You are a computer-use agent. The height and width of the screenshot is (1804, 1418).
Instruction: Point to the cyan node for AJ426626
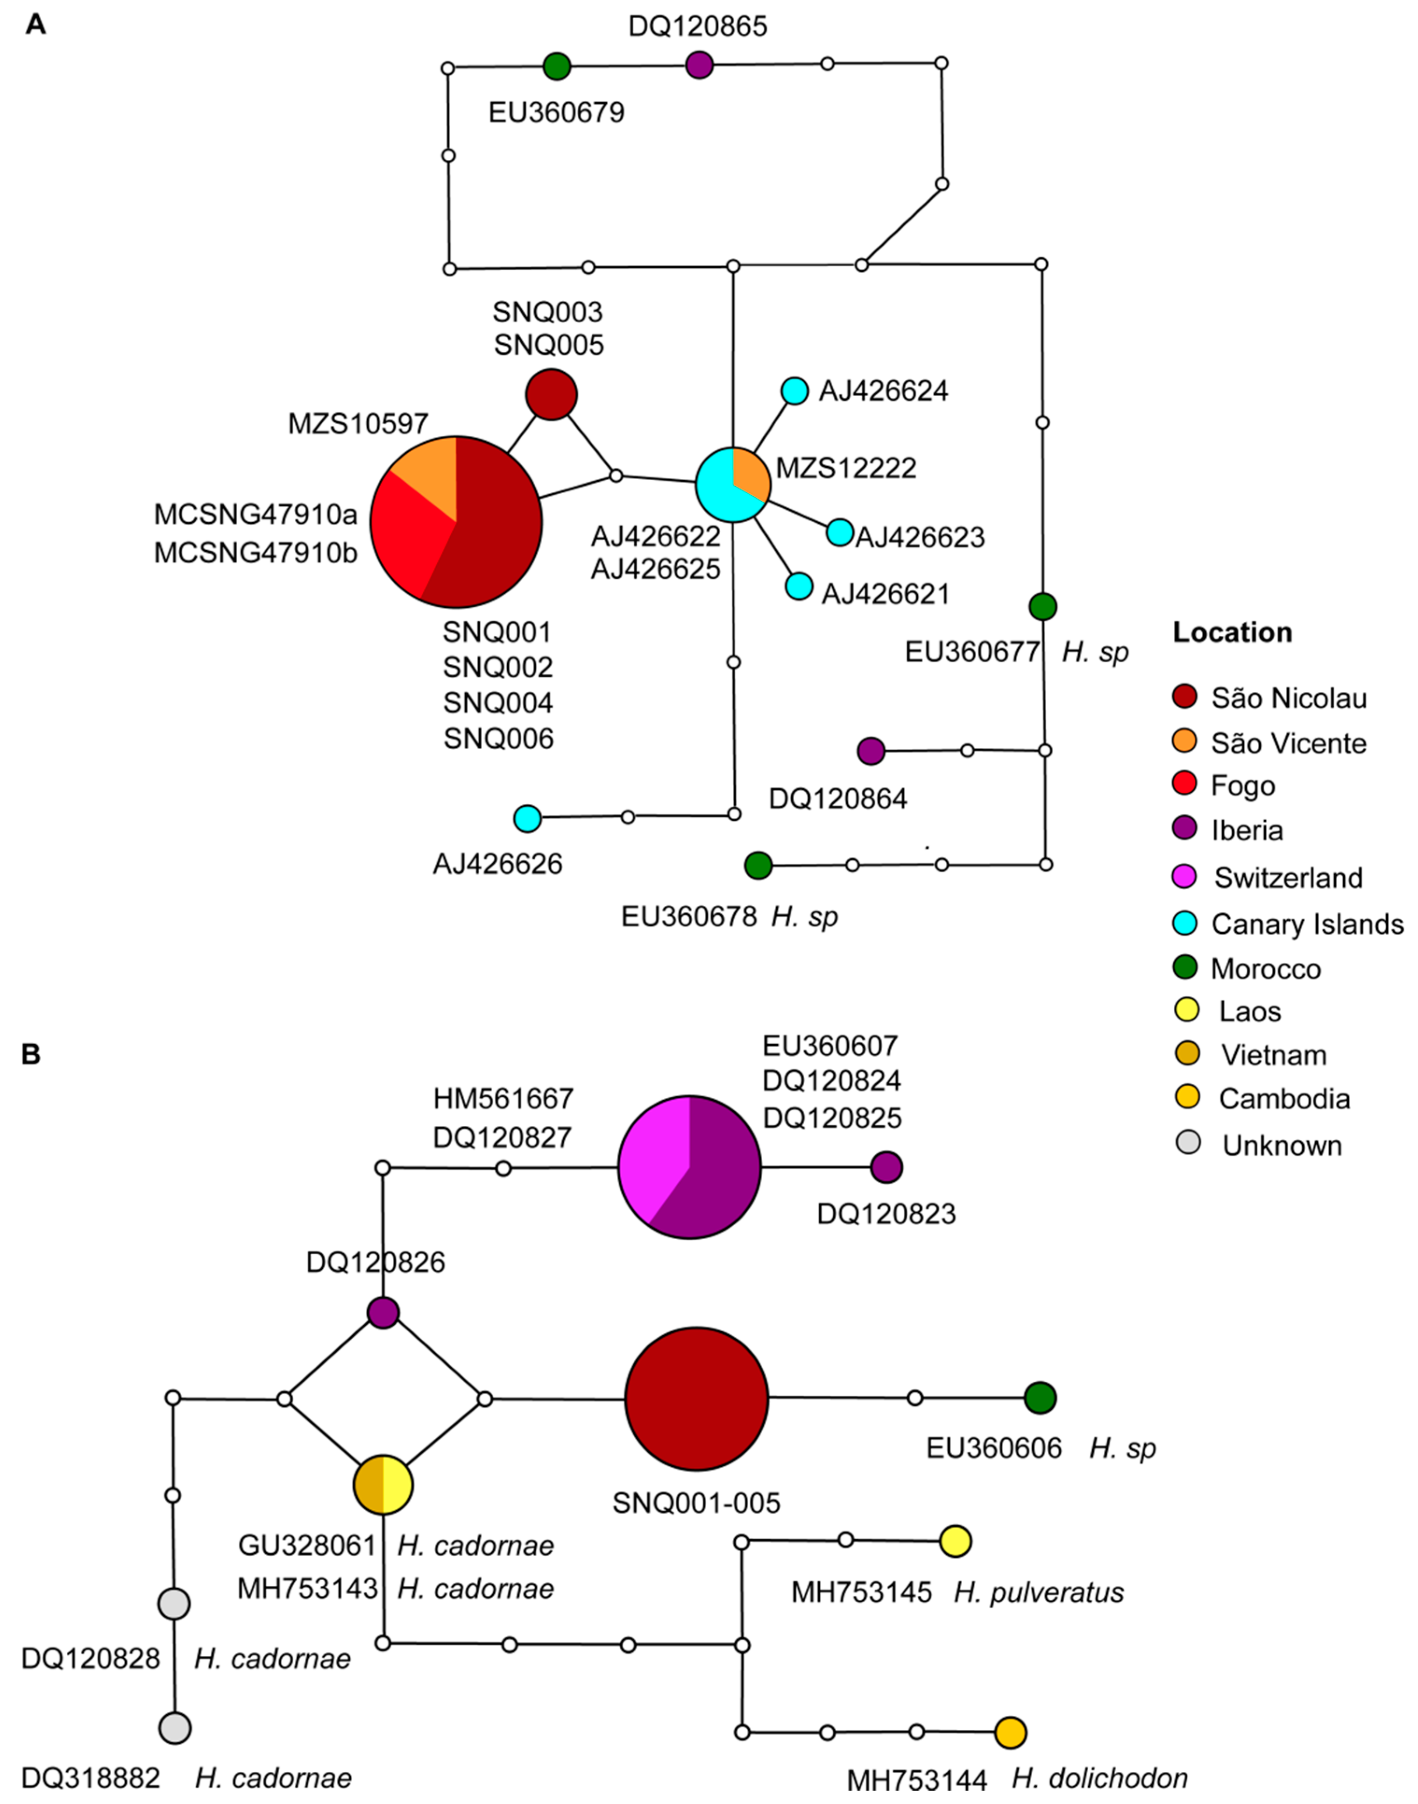click(x=527, y=818)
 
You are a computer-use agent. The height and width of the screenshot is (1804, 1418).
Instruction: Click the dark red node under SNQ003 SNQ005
click(x=551, y=394)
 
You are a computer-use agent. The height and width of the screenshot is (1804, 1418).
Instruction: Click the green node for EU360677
click(x=1043, y=607)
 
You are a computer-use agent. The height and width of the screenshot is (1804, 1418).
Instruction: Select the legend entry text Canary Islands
click(x=1307, y=924)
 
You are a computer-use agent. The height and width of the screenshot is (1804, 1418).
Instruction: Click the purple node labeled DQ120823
click(x=886, y=1167)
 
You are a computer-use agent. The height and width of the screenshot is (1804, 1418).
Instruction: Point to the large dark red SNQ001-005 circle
click(x=696, y=1399)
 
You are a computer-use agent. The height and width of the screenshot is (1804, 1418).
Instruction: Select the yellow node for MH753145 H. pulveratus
click(x=956, y=1541)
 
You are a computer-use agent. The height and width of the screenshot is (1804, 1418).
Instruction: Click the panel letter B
click(x=31, y=1054)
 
